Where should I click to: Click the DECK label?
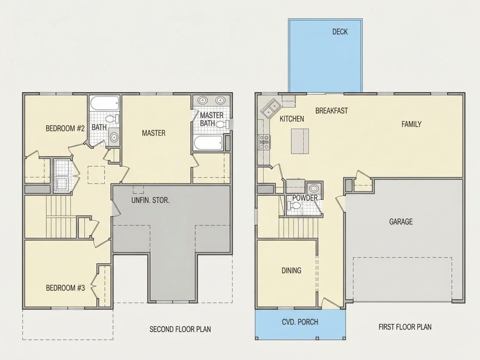340,31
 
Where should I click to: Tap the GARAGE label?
401,221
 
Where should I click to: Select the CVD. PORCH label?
300,322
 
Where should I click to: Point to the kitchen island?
300,141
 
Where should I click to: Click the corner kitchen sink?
271,108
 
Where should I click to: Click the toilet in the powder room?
294,206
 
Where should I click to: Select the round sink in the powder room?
313,188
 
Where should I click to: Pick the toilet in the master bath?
222,124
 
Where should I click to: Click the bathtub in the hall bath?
105,104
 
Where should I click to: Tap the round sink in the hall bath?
114,137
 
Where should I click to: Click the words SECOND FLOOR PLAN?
180,329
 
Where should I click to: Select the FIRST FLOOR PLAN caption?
405,327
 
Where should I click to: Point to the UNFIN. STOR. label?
150,201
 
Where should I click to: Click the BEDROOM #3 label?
65,288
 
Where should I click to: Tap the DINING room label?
291,270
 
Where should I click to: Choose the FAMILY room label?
411,124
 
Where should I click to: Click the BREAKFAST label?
332,110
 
